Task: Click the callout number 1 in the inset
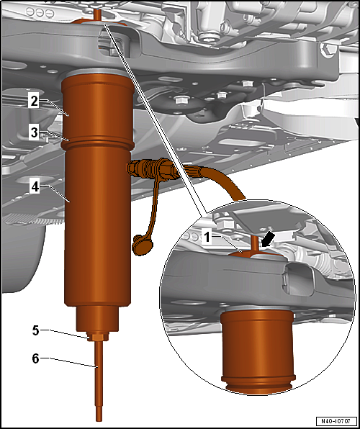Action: tap(207, 237)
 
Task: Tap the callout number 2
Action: tap(35, 101)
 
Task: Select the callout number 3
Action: tap(35, 132)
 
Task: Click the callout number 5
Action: tap(36, 330)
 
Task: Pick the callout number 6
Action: tap(35, 358)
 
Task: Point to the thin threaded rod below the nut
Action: tap(99, 381)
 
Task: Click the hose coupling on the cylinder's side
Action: tap(150, 170)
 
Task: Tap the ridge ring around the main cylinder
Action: tap(97, 143)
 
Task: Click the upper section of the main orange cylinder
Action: tap(97, 107)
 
